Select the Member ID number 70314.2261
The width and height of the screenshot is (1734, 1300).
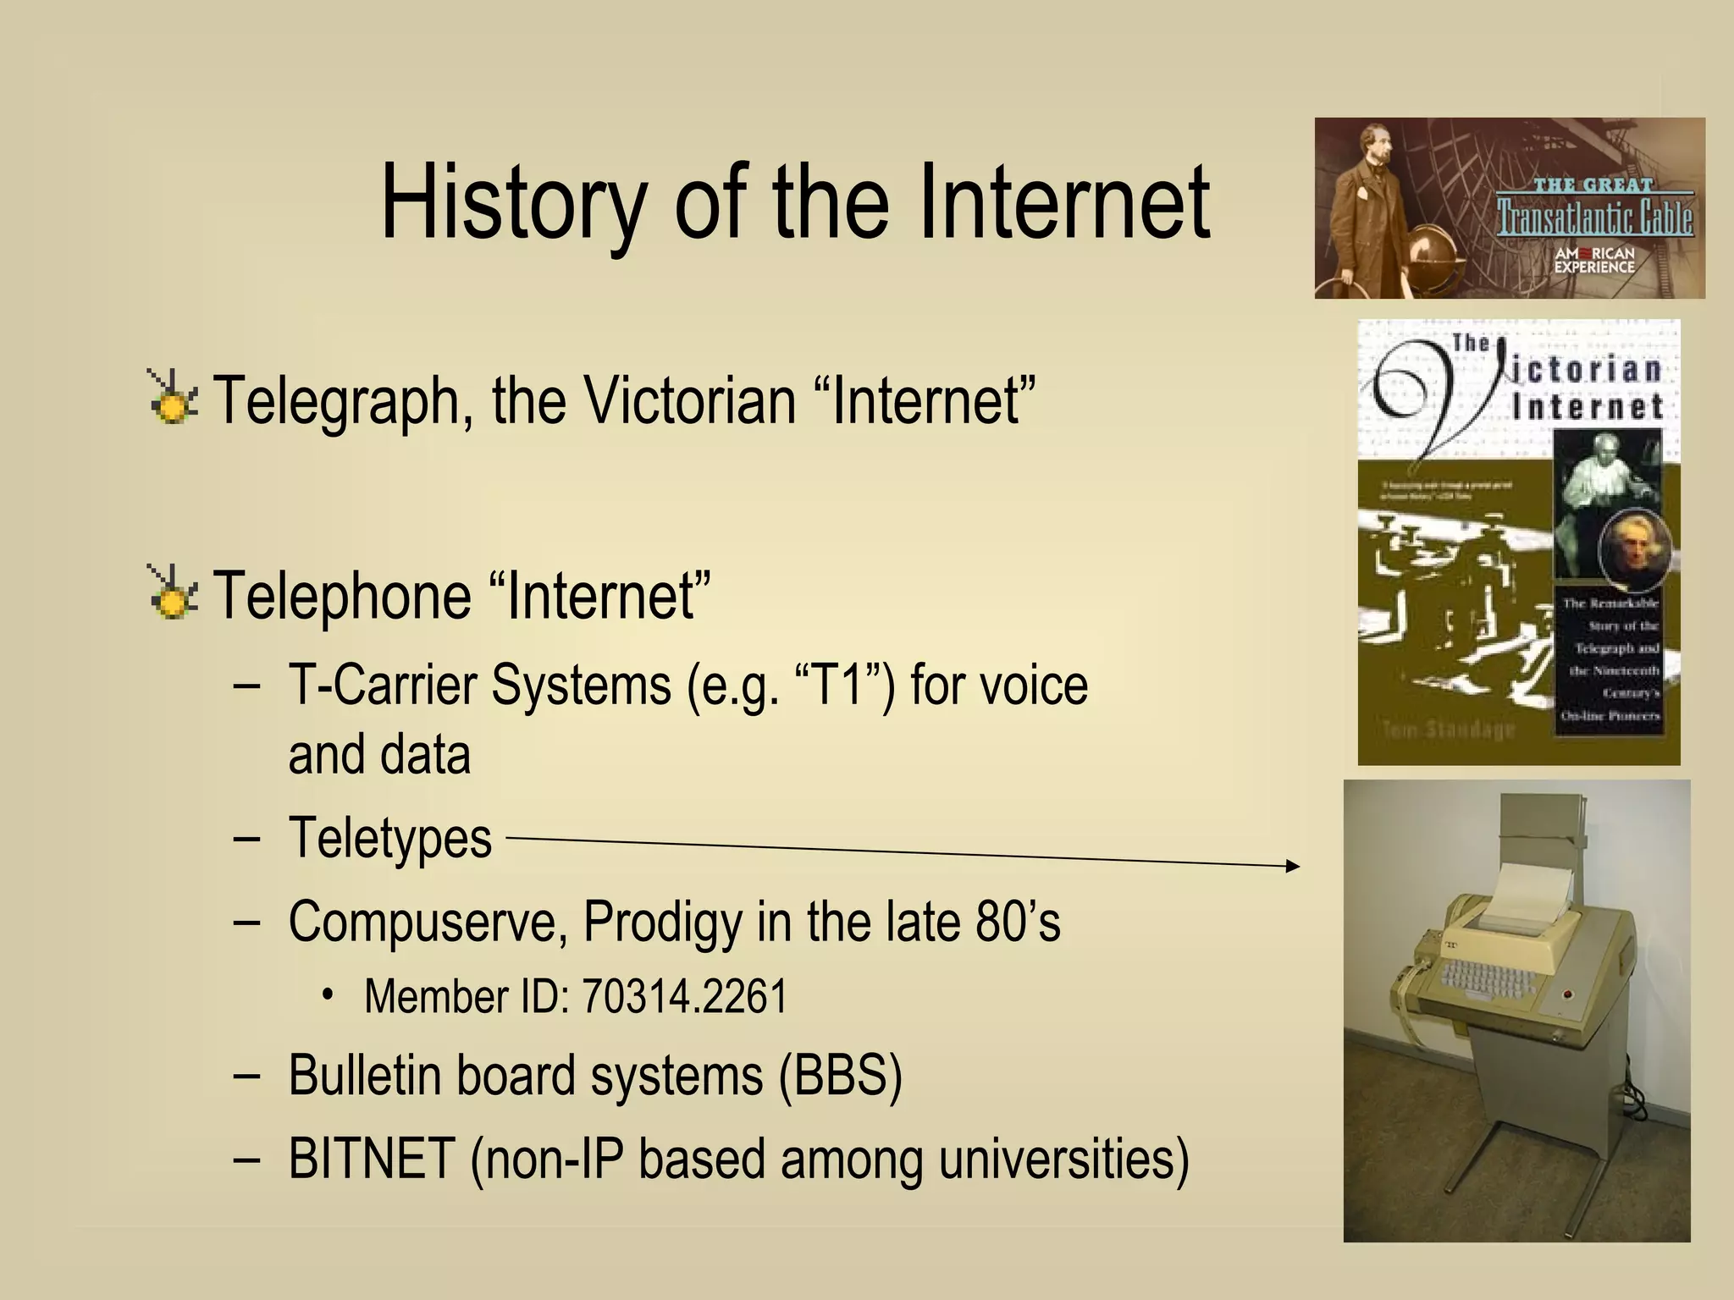(x=684, y=996)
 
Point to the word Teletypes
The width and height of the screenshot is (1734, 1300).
(x=390, y=839)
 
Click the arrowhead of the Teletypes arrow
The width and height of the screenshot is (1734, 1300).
(x=1292, y=865)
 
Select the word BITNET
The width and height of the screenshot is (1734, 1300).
(x=372, y=1159)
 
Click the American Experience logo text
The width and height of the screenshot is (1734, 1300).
(x=1594, y=260)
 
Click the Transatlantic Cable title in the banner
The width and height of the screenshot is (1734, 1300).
(x=1594, y=216)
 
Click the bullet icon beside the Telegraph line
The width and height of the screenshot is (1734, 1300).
(x=173, y=397)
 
